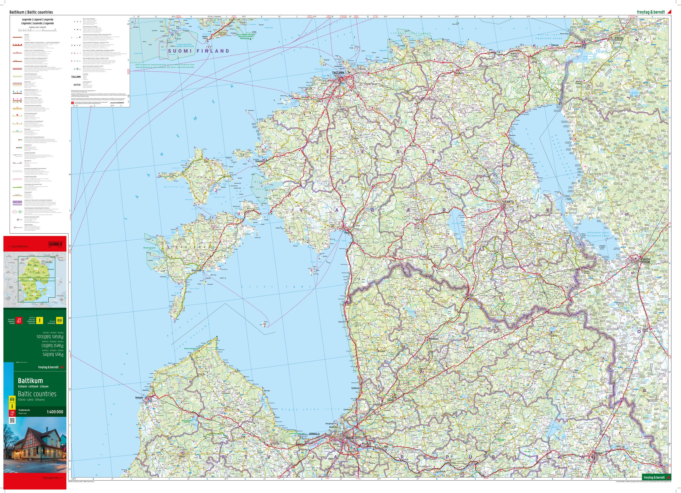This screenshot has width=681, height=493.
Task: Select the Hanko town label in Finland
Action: click(205, 38)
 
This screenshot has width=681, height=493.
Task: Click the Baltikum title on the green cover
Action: click(30, 381)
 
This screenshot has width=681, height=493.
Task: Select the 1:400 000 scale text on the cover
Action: click(55, 412)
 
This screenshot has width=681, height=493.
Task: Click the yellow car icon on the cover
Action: click(12, 399)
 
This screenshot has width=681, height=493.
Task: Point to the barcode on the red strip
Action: click(57, 242)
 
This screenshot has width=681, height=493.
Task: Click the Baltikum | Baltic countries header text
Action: click(31, 12)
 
